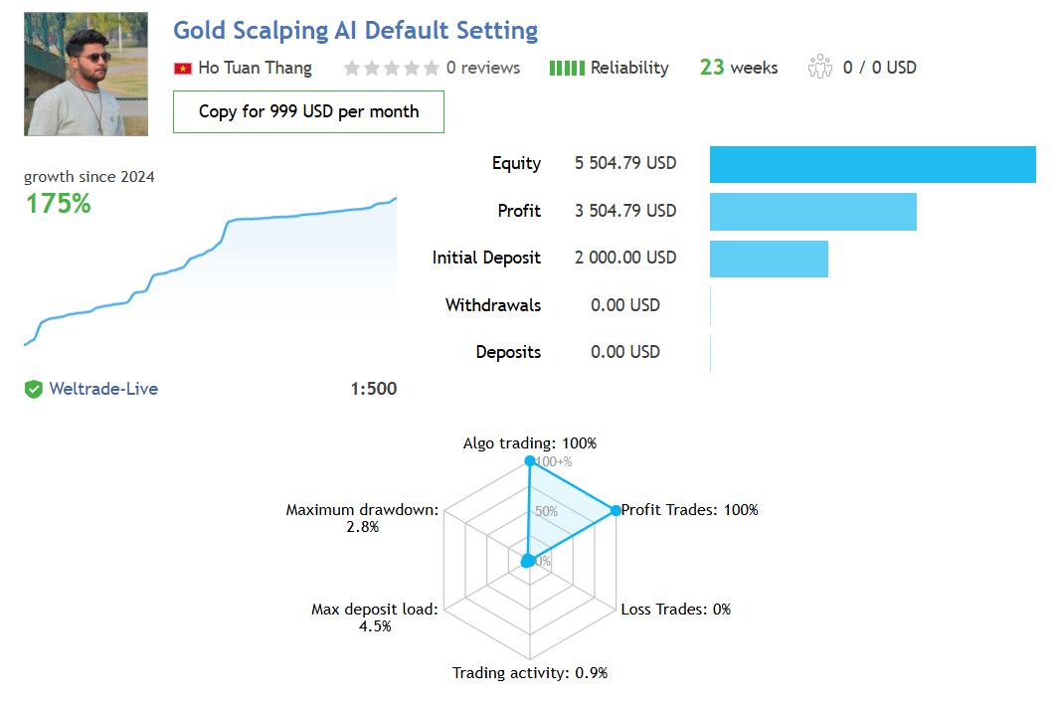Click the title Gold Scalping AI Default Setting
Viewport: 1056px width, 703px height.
[x=355, y=31]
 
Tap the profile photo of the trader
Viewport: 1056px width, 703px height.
[x=86, y=75]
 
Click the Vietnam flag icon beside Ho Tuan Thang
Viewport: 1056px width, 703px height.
[x=183, y=69]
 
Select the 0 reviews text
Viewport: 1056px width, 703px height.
[x=482, y=68]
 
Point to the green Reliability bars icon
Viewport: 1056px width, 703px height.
[x=567, y=68]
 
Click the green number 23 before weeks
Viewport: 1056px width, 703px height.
[x=712, y=68]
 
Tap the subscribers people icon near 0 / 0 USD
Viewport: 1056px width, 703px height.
[x=820, y=68]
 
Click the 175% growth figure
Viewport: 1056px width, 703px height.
[x=58, y=204]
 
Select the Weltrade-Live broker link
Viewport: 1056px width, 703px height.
[x=103, y=389]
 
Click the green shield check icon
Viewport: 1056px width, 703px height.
[x=34, y=389]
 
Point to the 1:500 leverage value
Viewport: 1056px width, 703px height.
[x=373, y=389]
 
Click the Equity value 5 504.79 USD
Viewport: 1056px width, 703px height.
[x=625, y=163]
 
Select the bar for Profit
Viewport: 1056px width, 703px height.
[x=812, y=211]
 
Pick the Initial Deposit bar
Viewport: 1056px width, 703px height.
[x=769, y=258]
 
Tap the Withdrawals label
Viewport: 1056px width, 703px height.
[x=493, y=305]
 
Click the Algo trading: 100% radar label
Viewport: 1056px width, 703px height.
[x=530, y=443]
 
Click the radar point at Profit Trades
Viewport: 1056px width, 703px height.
[x=615, y=511]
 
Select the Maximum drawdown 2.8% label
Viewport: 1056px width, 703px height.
[x=362, y=518]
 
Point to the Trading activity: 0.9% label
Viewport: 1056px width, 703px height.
[x=530, y=673]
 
